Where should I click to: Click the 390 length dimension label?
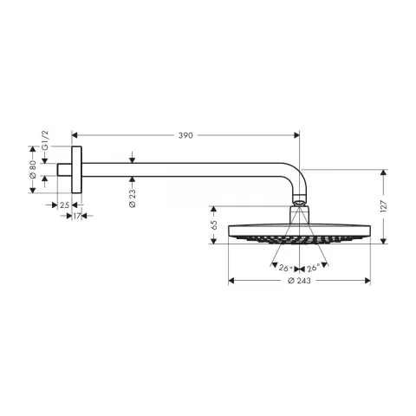185,135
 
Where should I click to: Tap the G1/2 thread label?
46,140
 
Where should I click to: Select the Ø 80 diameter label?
33,170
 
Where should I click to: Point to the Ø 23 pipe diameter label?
133,198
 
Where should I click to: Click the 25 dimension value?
64,205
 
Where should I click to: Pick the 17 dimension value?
76,216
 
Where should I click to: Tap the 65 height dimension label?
214,225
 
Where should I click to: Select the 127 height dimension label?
383,206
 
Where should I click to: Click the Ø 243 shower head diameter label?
300,281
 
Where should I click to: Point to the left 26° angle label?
284,268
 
